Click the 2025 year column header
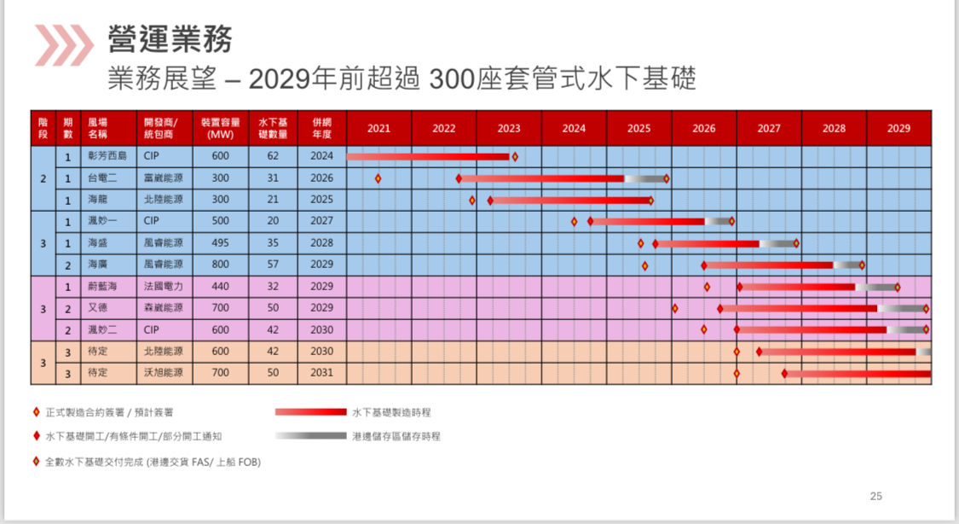pyautogui.click(x=638, y=128)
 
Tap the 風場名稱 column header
pyautogui.click(x=98, y=128)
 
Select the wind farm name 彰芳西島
pyautogui.click(x=107, y=156)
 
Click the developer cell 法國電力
pyautogui.click(x=164, y=286)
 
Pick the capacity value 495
pyautogui.click(x=220, y=243)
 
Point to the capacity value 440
pyautogui.click(x=220, y=286)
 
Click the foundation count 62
pyautogui.click(x=273, y=156)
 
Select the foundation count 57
pyautogui.click(x=273, y=265)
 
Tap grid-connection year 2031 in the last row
pyautogui.click(x=322, y=373)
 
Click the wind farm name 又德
pyautogui.click(x=96, y=307)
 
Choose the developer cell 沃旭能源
pyautogui.click(x=164, y=373)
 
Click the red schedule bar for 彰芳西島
pyautogui.click(x=426, y=157)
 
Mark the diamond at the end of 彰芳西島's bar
pyautogui.click(x=515, y=157)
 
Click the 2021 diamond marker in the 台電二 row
pyautogui.click(x=378, y=178)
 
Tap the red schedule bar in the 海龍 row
pyautogui.click(x=569, y=201)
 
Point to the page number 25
pyautogui.click(x=876, y=495)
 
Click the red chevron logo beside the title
pyautogui.click(x=63, y=45)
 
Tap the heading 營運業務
pyautogui.click(x=170, y=38)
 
